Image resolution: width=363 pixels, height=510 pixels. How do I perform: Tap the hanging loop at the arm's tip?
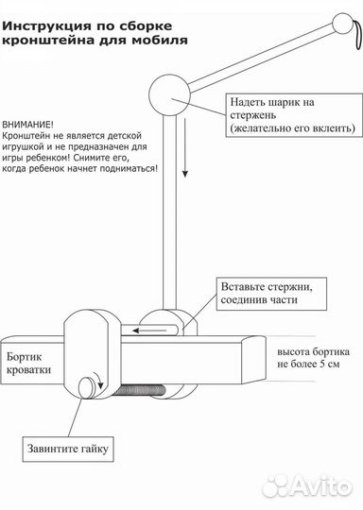click(x=355, y=37)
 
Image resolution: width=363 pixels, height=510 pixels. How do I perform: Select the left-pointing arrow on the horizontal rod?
click(x=151, y=331)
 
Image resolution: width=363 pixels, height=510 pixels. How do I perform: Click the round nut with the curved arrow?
click(x=93, y=386)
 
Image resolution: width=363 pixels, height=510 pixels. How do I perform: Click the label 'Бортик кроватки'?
click(x=34, y=364)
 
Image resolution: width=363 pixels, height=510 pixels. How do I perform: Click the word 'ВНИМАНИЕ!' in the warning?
click(x=28, y=124)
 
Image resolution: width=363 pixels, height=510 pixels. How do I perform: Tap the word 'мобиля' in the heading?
click(x=162, y=41)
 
